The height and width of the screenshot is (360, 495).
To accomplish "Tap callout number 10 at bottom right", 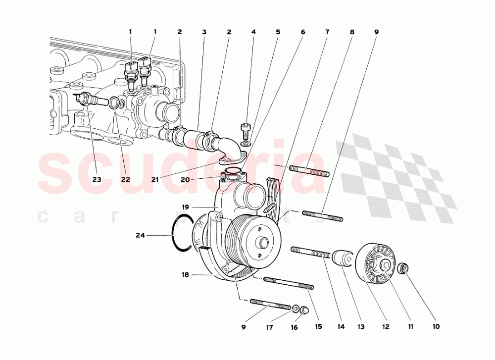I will coord(436,327).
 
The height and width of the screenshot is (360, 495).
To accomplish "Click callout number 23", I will coord(97,179).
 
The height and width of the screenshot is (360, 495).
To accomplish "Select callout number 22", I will coord(125,179).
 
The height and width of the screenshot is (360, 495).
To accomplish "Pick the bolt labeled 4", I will coord(244,129).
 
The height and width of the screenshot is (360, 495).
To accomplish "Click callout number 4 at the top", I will coord(253,32).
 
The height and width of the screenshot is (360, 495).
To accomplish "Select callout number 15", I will coord(318,327).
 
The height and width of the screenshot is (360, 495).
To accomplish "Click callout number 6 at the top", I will coord(302,32).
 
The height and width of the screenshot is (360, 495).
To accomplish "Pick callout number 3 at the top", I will coord(204,32).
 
